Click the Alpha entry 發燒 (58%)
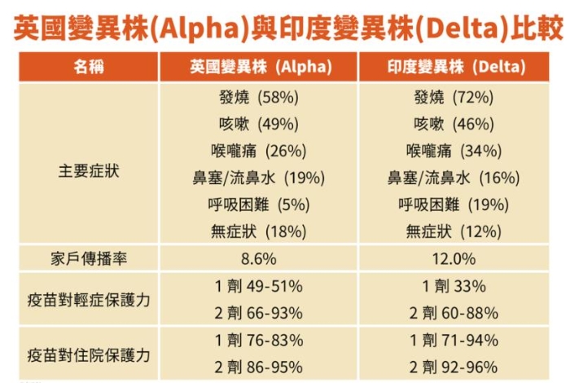[258, 98]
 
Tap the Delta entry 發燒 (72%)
[454, 98]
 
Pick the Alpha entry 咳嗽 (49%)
[258, 125]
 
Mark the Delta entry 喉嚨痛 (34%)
[454, 152]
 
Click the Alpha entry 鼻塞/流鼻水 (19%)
[258, 178]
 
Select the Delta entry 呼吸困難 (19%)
[454, 205]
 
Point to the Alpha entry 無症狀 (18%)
[258, 232]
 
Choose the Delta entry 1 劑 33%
[454, 286]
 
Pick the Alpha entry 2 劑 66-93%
[258, 313]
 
